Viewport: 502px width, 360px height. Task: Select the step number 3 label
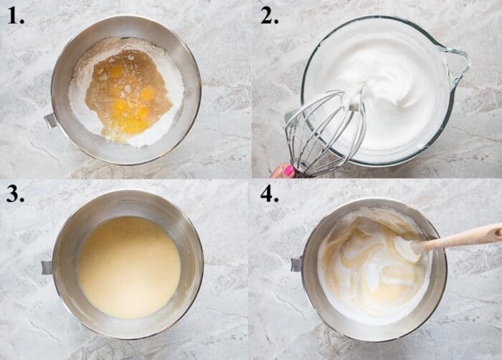16,195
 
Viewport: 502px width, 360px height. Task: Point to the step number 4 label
269,195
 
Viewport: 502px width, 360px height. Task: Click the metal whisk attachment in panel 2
323,133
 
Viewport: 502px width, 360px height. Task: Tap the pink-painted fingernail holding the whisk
288,171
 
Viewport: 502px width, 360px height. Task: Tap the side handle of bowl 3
47,267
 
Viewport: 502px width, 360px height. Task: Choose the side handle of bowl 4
296,264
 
